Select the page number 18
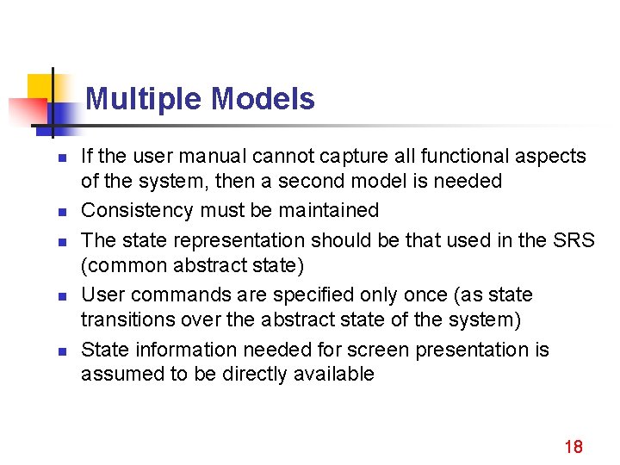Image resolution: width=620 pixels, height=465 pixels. pyautogui.click(x=573, y=446)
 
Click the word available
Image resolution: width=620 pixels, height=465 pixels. pyautogui.click(x=332, y=375)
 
